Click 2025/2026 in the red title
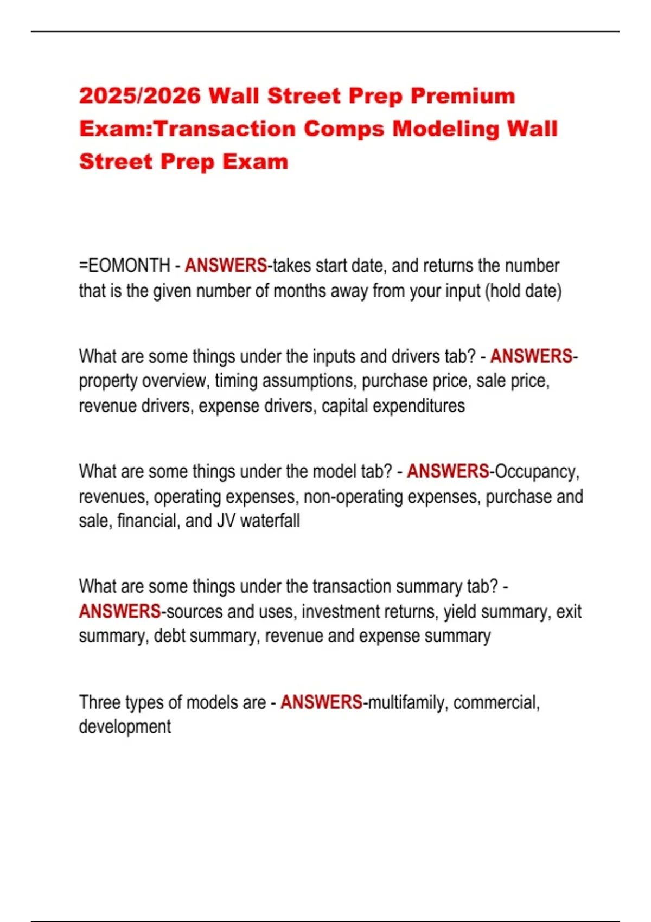(140, 96)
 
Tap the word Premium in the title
(462, 96)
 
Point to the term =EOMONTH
(125, 266)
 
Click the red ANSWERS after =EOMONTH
(226, 266)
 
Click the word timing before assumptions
(237, 381)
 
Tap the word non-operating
(353, 496)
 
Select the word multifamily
(407, 702)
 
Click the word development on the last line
(125, 727)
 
